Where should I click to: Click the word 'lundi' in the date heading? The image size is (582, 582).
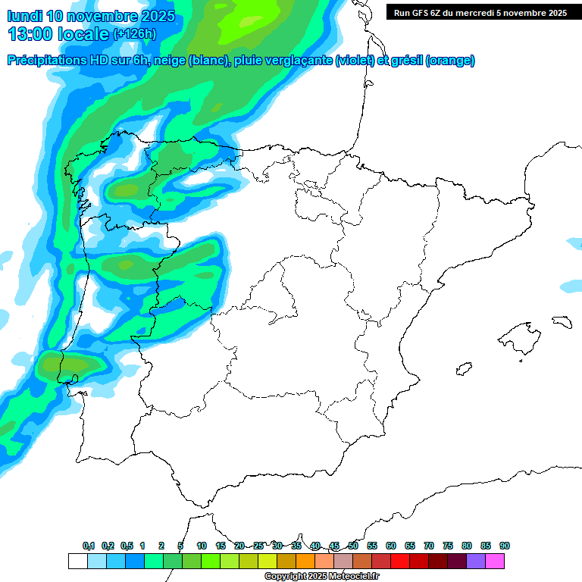click(25, 17)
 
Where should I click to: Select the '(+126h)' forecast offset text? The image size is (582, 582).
click(136, 34)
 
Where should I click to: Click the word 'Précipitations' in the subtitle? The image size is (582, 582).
click(51, 61)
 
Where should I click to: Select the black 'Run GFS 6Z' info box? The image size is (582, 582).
click(480, 12)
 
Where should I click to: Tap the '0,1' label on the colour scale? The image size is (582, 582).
click(89, 546)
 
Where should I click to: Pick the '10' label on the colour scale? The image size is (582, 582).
click(202, 546)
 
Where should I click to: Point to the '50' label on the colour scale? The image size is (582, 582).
click(353, 546)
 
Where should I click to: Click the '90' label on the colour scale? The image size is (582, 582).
click(505, 546)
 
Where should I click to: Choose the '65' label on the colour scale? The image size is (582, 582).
click(410, 546)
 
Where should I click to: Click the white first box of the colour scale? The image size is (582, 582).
click(77, 561)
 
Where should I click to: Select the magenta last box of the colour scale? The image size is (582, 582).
click(495, 561)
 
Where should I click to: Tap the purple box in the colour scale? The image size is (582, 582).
click(476, 561)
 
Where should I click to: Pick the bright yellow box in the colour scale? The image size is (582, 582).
click(268, 561)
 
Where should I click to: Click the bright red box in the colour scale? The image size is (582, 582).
click(400, 561)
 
